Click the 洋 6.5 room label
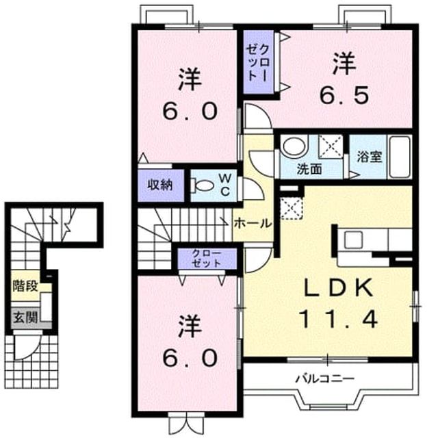(344, 79)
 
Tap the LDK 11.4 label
(339, 303)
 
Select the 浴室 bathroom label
(370, 157)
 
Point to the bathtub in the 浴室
(400, 157)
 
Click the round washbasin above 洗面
(294, 146)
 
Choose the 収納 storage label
(159, 185)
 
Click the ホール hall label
(253, 224)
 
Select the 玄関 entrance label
(26, 318)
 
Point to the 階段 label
(25, 286)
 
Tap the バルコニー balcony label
(325, 379)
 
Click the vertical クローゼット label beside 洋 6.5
(257, 63)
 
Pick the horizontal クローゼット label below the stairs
(207, 258)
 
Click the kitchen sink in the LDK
(353, 240)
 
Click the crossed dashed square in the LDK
(292, 208)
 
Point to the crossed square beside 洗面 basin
(331, 146)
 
